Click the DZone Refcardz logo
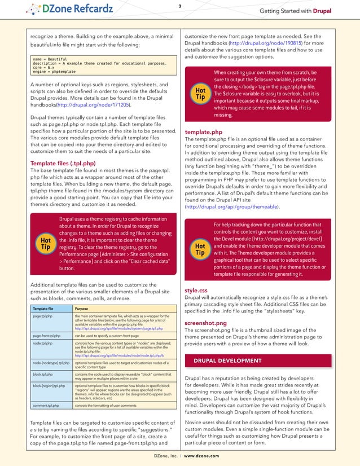(x=71, y=10)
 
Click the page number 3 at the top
(x=180, y=6)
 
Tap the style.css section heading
(x=197, y=291)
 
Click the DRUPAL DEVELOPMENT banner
(x=227, y=361)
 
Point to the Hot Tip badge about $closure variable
(x=200, y=93)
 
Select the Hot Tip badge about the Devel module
(x=200, y=249)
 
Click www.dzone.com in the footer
(x=201, y=455)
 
